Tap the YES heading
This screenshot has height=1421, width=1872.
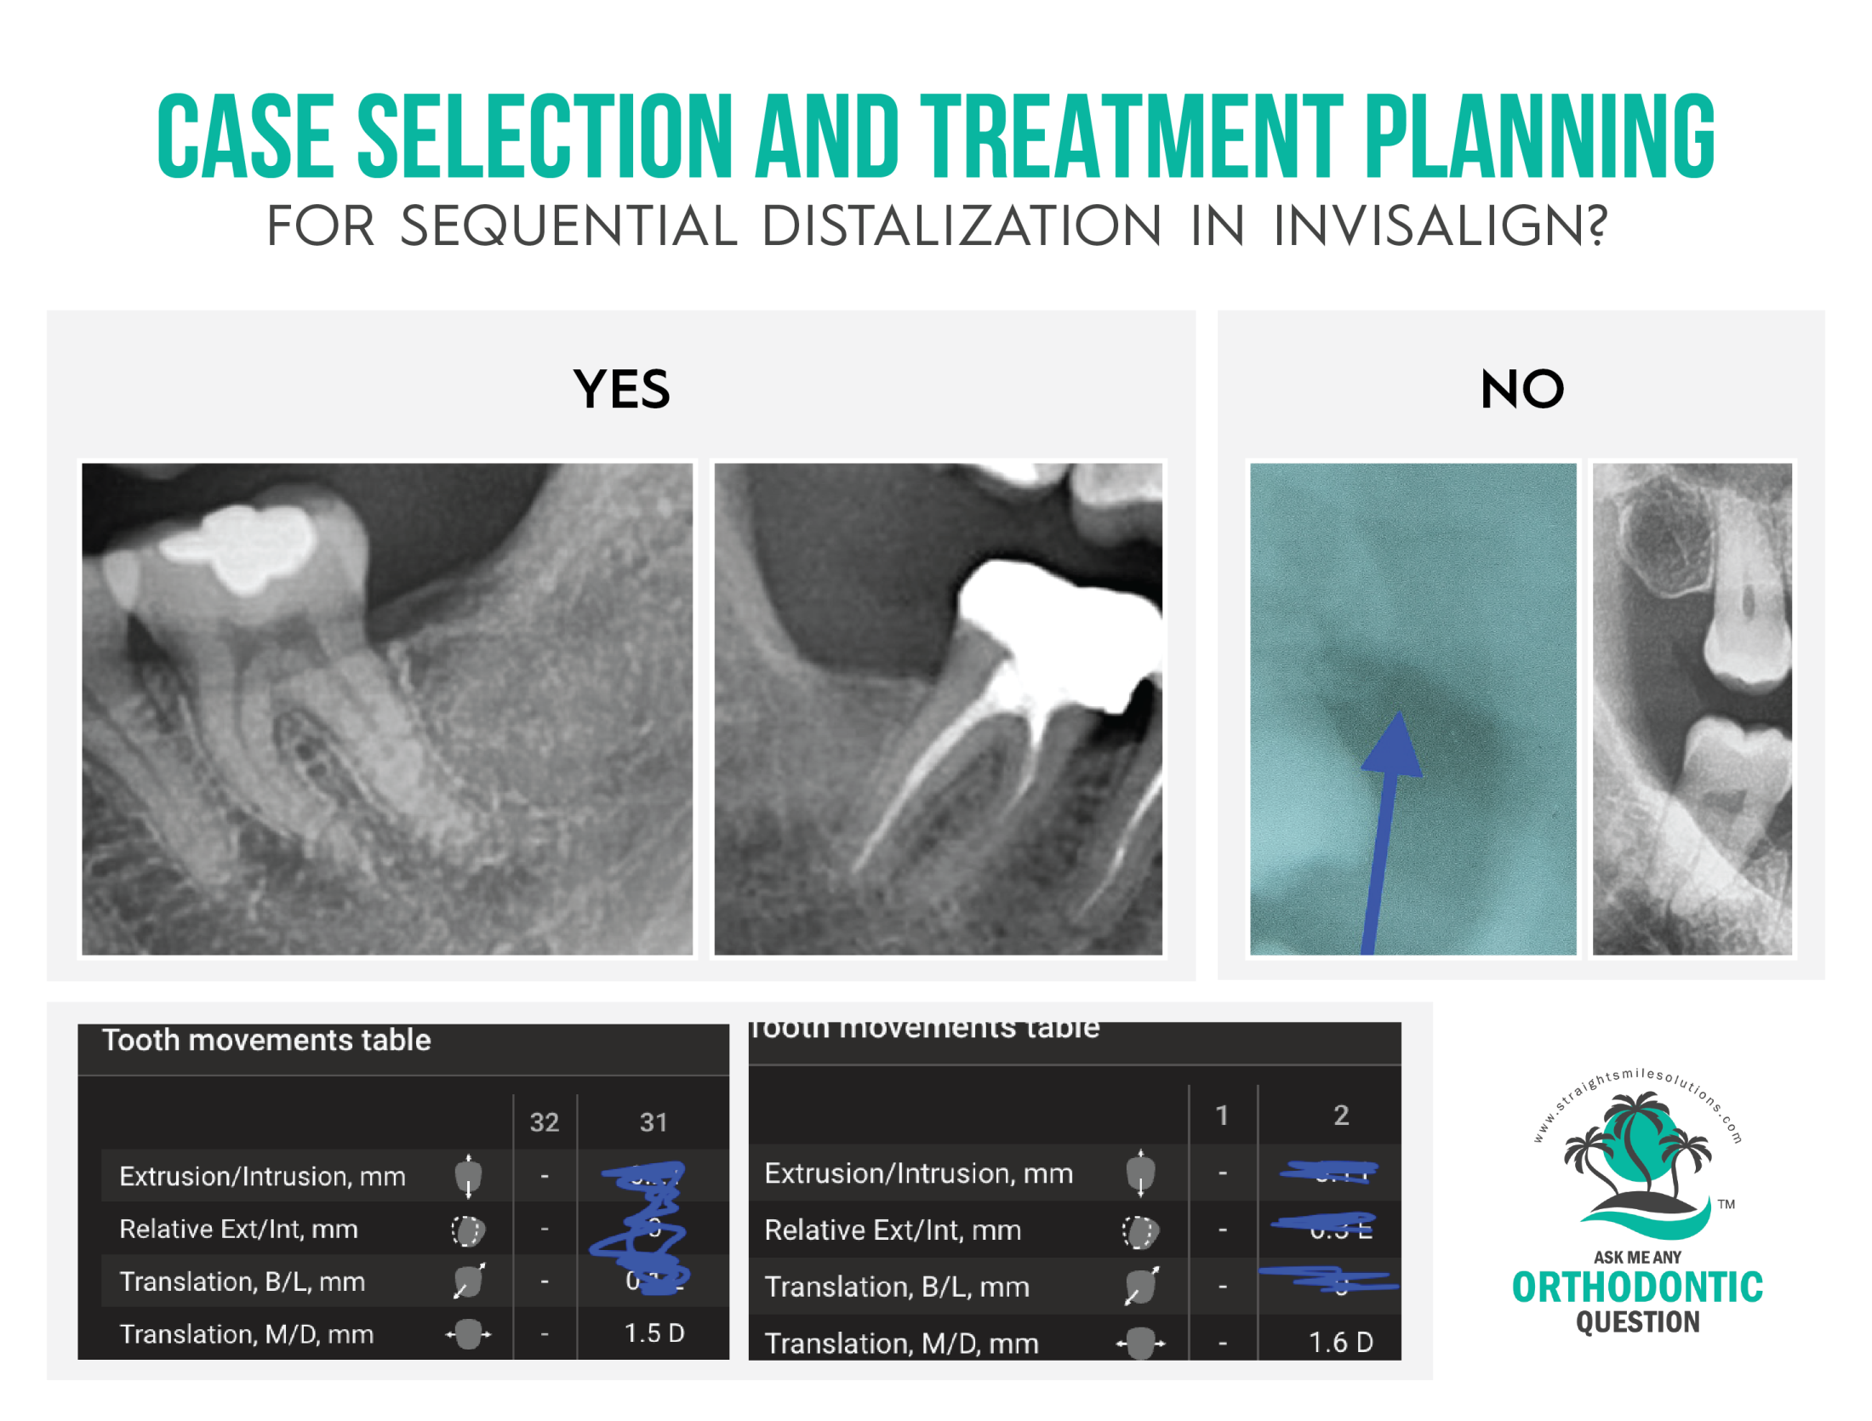pos(621,389)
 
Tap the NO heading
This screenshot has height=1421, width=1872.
pos(1521,389)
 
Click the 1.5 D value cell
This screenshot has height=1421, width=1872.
pos(653,1332)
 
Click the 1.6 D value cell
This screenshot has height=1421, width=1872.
pos(1340,1341)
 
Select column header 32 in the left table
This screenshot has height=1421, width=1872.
pos(544,1121)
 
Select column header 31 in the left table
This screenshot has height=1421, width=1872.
pos(653,1121)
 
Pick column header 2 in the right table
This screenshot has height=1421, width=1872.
pos(1340,1115)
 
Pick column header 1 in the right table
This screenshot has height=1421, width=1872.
pos(1221,1115)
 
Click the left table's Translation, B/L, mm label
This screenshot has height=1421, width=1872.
pos(243,1281)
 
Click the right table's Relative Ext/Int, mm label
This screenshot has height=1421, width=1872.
pos(892,1230)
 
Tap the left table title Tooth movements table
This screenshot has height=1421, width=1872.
pos(266,1040)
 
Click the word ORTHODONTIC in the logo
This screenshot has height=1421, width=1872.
pos(1636,1287)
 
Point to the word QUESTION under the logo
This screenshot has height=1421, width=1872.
pos(1636,1321)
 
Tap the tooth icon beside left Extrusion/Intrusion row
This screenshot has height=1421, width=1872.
pos(468,1176)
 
